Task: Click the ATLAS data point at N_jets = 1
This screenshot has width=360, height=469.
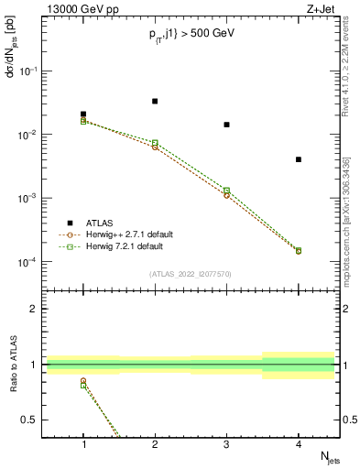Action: (x=83, y=115)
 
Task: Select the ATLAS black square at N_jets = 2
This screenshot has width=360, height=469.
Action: (x=155, y=101)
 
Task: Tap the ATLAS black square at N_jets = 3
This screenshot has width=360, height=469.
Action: (x=226, y=125)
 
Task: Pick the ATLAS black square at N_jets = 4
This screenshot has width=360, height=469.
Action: (x=299, y=159)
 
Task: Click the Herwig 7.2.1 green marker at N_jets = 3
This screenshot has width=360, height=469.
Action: (x=226, y=191)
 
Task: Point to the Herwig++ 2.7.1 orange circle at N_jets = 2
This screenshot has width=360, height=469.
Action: (x=155, y=147)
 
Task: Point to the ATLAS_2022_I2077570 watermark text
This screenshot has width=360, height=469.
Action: (x=191, y=274)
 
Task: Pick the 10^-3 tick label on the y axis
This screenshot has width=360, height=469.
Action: (x=27, y=198)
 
